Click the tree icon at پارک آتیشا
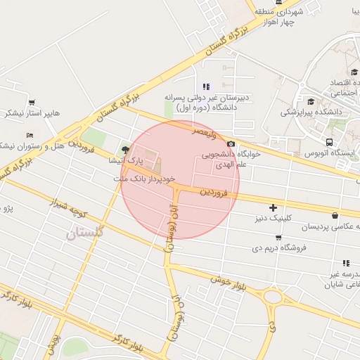pos(125,149)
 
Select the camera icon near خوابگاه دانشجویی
pos(231,143)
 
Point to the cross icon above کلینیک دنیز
pos(273,207)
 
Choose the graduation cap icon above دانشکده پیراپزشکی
pos(311,101)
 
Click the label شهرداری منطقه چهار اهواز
pos(293,17)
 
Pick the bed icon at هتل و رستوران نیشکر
pos(29,135)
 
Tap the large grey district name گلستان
pos(84,232)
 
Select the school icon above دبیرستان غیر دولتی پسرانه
pos(206,86)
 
